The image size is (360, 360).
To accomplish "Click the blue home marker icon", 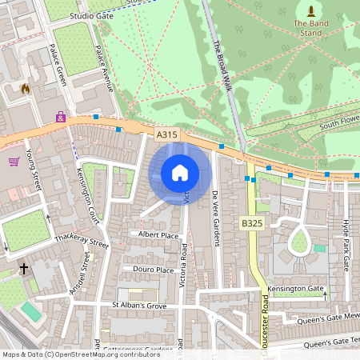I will (179, 173).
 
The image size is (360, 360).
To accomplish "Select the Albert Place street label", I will (158, 235).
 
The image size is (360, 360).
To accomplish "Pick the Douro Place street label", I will (154, 270).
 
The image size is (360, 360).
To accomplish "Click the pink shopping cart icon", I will (14, 162).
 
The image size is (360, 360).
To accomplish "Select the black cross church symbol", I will (24, 268).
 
